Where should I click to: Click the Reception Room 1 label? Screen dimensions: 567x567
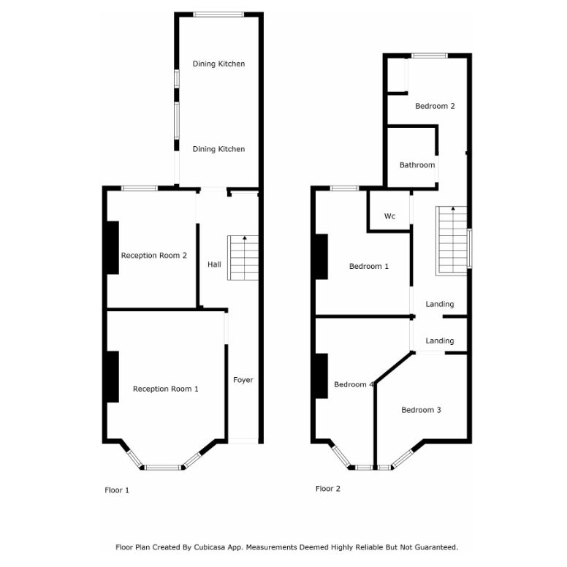point(165,389)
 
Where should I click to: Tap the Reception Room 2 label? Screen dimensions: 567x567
point(154,255)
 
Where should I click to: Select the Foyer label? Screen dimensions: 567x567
point(243,380)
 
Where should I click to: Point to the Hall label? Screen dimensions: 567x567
point(214,265)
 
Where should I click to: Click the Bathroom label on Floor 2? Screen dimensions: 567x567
point(417,165)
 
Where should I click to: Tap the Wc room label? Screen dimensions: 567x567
point(390,216)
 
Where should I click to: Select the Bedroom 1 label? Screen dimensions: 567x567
point(368,266)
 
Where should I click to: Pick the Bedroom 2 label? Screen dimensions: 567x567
point(435,106)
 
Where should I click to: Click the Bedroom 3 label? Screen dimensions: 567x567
point(421,410)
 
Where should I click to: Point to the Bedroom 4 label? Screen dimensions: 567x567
point(354,384)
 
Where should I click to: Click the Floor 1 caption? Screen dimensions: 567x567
point(117,490)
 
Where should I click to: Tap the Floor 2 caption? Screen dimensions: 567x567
point(328,489)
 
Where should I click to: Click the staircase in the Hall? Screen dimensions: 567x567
point(244,258)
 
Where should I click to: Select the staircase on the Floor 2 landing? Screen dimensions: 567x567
point(452,240)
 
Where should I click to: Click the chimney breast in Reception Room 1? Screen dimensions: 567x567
point(113,376)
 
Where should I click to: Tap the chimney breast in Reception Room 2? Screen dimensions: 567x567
point(113,248)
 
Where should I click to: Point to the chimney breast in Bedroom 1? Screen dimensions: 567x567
point(321,256)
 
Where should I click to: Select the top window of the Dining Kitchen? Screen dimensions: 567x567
point(218,13)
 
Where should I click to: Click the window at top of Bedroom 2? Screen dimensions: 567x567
point(429,55)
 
